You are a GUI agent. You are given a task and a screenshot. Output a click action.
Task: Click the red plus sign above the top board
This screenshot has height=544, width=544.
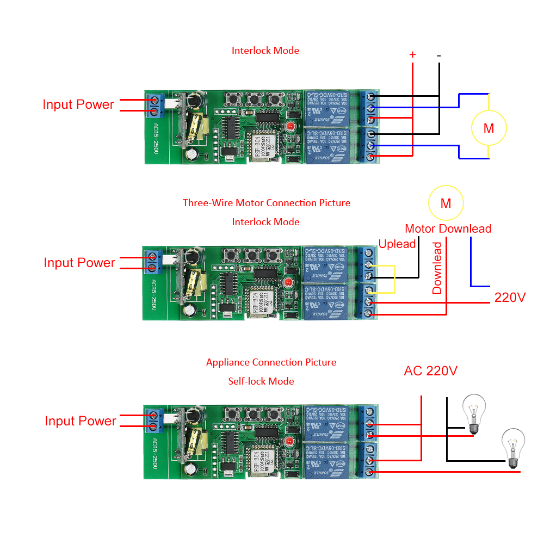[x=412, y=54]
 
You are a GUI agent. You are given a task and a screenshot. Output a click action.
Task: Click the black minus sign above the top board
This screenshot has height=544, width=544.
[x=439, y=55]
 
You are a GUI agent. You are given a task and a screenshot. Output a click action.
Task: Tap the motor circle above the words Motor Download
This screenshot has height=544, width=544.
[x=446, y=203]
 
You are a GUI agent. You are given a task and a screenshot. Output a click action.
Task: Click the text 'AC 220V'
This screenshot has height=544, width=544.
[x=431, y=371]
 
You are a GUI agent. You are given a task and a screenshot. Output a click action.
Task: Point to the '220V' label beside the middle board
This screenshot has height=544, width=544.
[x=510, y=298]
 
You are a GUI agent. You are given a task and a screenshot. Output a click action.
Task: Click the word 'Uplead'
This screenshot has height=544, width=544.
[x=397, y=244]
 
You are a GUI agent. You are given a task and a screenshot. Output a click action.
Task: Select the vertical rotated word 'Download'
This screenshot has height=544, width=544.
[x=437, y=268]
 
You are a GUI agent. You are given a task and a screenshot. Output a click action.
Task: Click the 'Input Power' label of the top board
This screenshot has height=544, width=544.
[x=78, y=104]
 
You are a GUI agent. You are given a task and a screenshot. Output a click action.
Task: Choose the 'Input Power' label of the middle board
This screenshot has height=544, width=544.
[x=79, y=263]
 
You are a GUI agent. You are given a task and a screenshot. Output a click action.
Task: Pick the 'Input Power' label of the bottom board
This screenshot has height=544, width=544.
[x=81, y=421]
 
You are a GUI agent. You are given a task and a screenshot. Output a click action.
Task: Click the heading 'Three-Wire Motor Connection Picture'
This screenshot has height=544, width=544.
[x=266, y=203]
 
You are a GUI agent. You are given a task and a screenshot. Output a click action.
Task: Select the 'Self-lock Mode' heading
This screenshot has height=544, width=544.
[x=261, y=381]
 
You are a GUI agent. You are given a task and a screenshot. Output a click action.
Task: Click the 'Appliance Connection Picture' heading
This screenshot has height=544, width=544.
[x=271, y=362]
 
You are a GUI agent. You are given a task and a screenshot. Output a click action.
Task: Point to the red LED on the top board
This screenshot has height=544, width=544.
[x=289, y=126]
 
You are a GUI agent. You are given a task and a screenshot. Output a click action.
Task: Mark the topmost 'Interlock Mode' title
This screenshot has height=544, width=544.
[x=265, y=51]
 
